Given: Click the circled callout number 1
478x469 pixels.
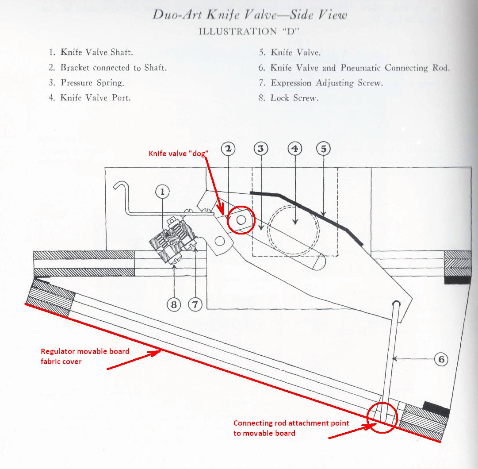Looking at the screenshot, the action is click(x=162, y=192).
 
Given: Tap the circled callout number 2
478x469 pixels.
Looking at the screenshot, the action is click(x=228, y=149).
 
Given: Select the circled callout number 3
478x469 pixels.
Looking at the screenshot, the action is click(x=261, y=149).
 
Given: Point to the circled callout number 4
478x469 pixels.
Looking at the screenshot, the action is click(x=295, y=149).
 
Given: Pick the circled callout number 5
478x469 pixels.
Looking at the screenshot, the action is click(x=323, y=149).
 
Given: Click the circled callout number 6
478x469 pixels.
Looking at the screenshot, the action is click(x=441, y=360).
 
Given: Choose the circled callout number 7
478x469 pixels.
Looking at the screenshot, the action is click(x=195, y=304).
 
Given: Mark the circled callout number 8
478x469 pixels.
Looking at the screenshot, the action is click(x=174, y=304).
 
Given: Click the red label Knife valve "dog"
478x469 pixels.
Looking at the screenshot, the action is click(x=178, y=154).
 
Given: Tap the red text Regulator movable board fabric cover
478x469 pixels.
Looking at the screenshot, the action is click(x=85, y=356).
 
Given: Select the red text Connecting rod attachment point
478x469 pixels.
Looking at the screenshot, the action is click(x=291, y=423).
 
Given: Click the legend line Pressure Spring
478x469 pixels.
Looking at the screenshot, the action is click(x=86, y=83).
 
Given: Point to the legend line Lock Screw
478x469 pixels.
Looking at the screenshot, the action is click(x=288, y=98).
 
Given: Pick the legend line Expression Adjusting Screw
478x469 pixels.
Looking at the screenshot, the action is click(x=321, y=83).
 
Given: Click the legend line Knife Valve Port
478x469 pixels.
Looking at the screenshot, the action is click(x=90, y=98).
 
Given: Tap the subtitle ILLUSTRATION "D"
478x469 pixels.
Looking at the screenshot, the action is click(x=249, y=31).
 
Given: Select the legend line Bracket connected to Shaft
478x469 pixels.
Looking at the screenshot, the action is click(x=107, y=67).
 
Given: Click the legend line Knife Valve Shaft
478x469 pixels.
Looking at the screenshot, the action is click(x=91, y=52).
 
